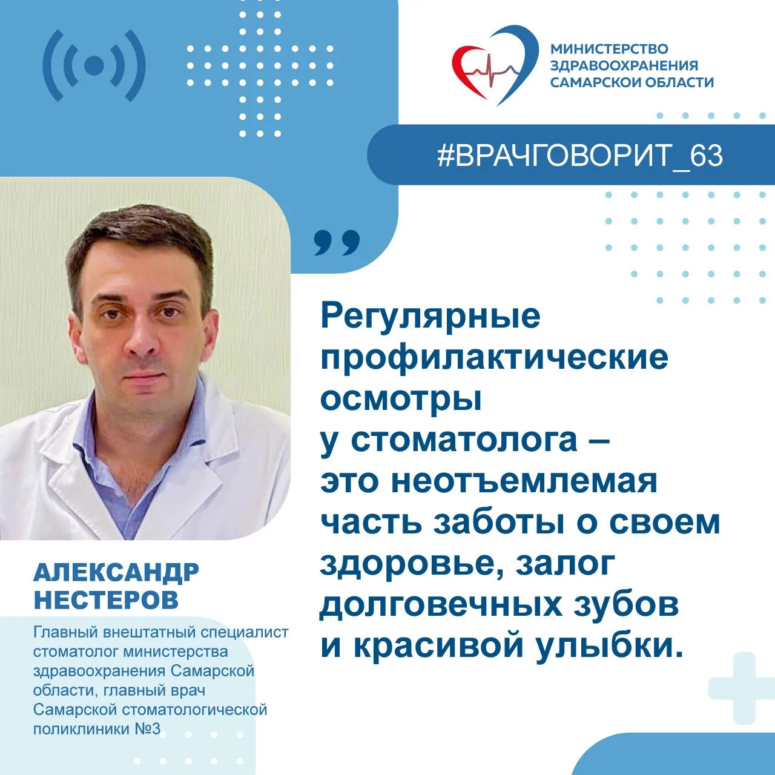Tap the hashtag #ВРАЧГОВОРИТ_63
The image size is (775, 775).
point(579,156)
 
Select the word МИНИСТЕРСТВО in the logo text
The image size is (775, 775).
point(609,49)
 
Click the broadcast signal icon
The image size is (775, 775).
point(94,65)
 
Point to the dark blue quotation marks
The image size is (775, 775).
point(337,243)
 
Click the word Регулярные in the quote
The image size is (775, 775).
point(430,316)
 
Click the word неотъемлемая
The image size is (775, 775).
point(524,481)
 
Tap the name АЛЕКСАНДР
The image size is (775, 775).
point(116,572)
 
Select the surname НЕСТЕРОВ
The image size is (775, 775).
point(106,599)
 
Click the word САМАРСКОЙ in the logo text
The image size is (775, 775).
point(590,82)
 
